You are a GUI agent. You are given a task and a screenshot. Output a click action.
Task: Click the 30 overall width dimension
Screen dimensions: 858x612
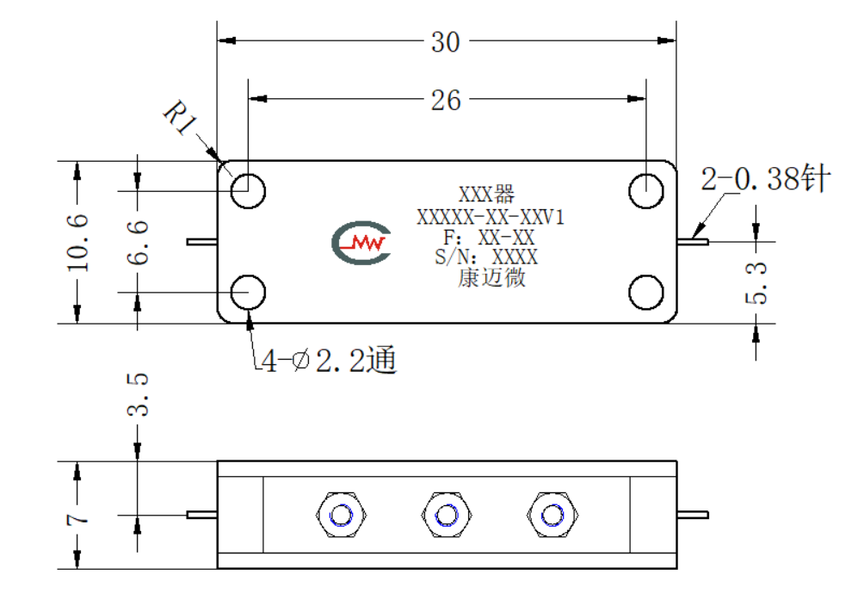point(446,42)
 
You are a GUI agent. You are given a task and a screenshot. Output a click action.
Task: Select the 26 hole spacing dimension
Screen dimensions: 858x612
point(446,101)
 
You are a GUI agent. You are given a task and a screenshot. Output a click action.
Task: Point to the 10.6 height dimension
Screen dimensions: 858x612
point(77,243)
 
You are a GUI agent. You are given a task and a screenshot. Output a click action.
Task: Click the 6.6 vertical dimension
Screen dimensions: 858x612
point(138,243)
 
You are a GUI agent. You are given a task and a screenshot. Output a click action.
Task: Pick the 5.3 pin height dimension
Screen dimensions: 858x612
point(756,283)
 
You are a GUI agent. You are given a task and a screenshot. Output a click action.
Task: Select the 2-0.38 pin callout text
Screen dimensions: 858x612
point(766,178)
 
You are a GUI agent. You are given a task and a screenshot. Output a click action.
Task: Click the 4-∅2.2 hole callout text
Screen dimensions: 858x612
point(329,360)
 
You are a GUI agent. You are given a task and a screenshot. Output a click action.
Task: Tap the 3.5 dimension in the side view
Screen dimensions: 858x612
point(138,395)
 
